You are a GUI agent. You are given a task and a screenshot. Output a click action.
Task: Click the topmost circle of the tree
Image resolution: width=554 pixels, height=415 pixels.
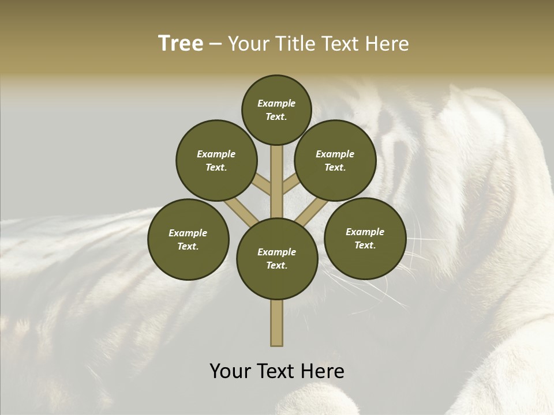276,110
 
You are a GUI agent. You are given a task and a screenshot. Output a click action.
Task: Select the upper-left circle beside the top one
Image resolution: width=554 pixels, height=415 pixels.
216,160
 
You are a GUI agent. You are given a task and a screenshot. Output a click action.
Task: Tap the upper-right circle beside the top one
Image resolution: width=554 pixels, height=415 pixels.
335,160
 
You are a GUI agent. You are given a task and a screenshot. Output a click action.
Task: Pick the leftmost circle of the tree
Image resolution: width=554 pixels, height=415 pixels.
188,239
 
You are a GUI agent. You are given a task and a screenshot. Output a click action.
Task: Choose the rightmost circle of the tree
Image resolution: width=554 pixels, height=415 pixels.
365,238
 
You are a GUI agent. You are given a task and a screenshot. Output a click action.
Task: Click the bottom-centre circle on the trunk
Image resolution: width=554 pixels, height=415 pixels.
277,258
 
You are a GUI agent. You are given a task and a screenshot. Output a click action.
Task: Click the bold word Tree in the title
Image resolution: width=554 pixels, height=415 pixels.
181,44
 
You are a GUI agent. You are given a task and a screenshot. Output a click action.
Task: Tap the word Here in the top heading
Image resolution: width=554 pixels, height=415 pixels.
388,44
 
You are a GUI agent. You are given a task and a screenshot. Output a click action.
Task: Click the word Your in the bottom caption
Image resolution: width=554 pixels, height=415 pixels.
231,371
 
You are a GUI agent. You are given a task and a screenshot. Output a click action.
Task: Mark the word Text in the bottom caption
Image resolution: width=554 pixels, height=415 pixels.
275,371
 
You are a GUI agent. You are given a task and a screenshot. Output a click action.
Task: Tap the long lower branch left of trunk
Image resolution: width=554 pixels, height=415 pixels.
241,212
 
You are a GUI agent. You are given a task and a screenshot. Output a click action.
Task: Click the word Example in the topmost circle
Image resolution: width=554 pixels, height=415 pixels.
276,104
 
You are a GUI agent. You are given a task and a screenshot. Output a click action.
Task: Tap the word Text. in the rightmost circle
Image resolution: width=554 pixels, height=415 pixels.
365,245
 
